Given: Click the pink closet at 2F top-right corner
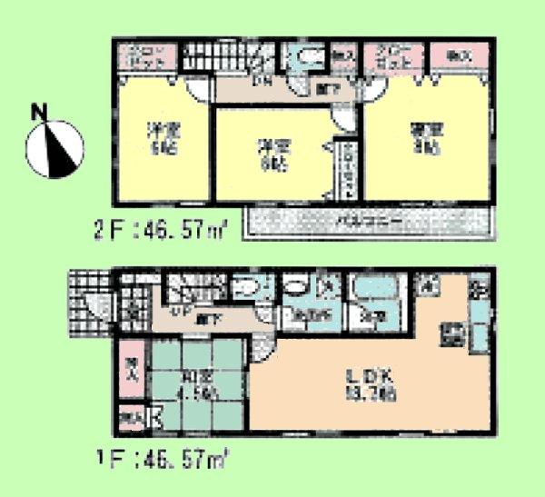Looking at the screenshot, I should click(457, 55).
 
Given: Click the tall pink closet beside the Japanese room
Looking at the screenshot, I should click(130, 373).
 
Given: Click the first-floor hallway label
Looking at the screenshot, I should click(209, 321).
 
